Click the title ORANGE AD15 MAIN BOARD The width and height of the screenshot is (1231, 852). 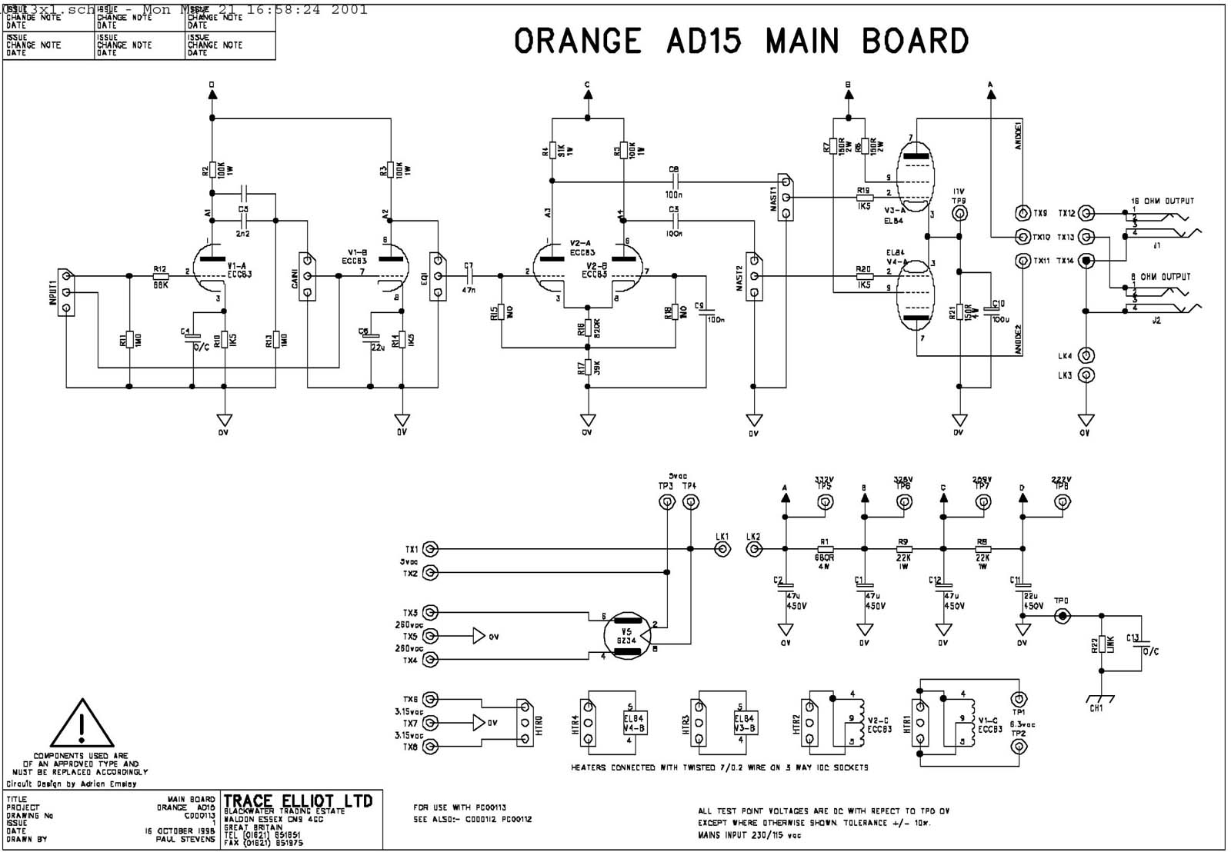point(741,42)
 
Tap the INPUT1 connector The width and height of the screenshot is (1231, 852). point(66,291)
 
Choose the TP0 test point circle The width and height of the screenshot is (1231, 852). point(1062,616)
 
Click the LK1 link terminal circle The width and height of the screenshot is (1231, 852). point(722,549)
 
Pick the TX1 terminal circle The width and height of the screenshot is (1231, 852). point(431,549)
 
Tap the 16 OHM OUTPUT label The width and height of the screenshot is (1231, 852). point(1162,201)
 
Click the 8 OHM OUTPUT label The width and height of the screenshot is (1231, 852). point(1161,277)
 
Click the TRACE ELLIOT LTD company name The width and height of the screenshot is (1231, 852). point(298,801)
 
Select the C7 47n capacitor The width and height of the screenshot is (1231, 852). point(469,275)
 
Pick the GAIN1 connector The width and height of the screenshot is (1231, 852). point(307,275)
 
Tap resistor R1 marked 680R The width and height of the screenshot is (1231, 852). point(824,549)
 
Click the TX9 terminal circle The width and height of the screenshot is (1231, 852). point(1022,213)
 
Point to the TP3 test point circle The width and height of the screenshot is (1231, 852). point(666,502)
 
